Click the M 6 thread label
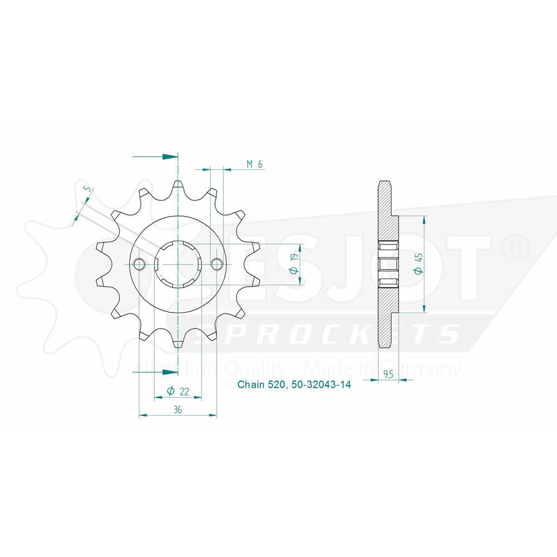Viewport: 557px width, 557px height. coord(255,164)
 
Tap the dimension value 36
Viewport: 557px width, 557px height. coord(178,409)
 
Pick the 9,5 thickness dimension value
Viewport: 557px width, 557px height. coord(388,374)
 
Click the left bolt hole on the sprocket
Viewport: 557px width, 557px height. coord(139,264)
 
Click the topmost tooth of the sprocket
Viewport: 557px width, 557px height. coord(178,185)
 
